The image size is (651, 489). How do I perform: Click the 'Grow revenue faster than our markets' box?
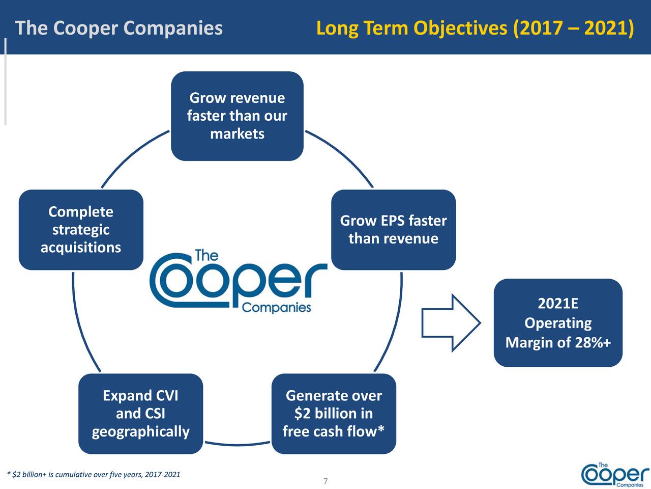(x=237, y=116)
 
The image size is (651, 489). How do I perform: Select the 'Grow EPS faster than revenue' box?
(x=393, y=230)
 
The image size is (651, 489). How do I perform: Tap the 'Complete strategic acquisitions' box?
(x=81, y=230)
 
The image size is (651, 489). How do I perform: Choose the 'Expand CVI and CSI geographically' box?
(x=140, y=414)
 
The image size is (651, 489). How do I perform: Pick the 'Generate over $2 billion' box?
(x=334, y=414)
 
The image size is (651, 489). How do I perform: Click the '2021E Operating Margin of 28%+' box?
(x=558, y=323)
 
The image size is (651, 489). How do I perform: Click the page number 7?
(x=325, y=481)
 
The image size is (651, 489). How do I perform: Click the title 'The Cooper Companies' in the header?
(x=119, y=28)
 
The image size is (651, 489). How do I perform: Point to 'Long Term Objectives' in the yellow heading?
(x=411, y=28)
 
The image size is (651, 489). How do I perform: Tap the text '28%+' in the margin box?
(x=593, y=342)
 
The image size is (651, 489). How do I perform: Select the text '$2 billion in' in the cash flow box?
(x=334, y=414)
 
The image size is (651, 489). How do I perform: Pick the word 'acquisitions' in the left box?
(x=81, y=248)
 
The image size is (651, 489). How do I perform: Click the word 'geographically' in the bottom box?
(x=140, y=432)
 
